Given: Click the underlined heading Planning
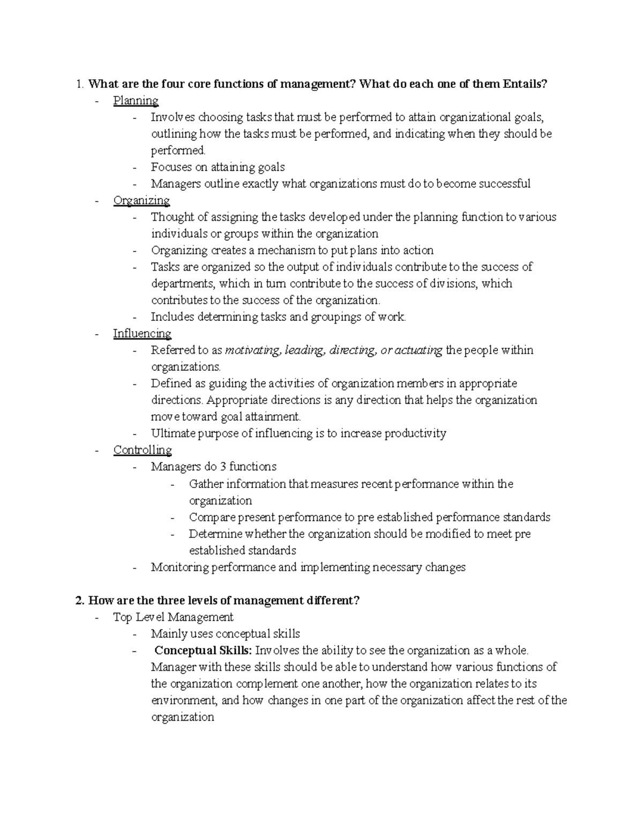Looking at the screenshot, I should point(136,101).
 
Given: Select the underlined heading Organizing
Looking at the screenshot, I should point(141,200).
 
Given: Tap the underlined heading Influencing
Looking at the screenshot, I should point(142,334).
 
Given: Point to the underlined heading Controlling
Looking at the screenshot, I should point(143,450).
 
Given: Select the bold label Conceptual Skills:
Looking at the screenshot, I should point(203,650).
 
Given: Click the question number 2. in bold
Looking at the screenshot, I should point(80,601).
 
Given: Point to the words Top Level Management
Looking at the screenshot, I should point(173,617).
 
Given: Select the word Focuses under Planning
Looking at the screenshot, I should point(171,167).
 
